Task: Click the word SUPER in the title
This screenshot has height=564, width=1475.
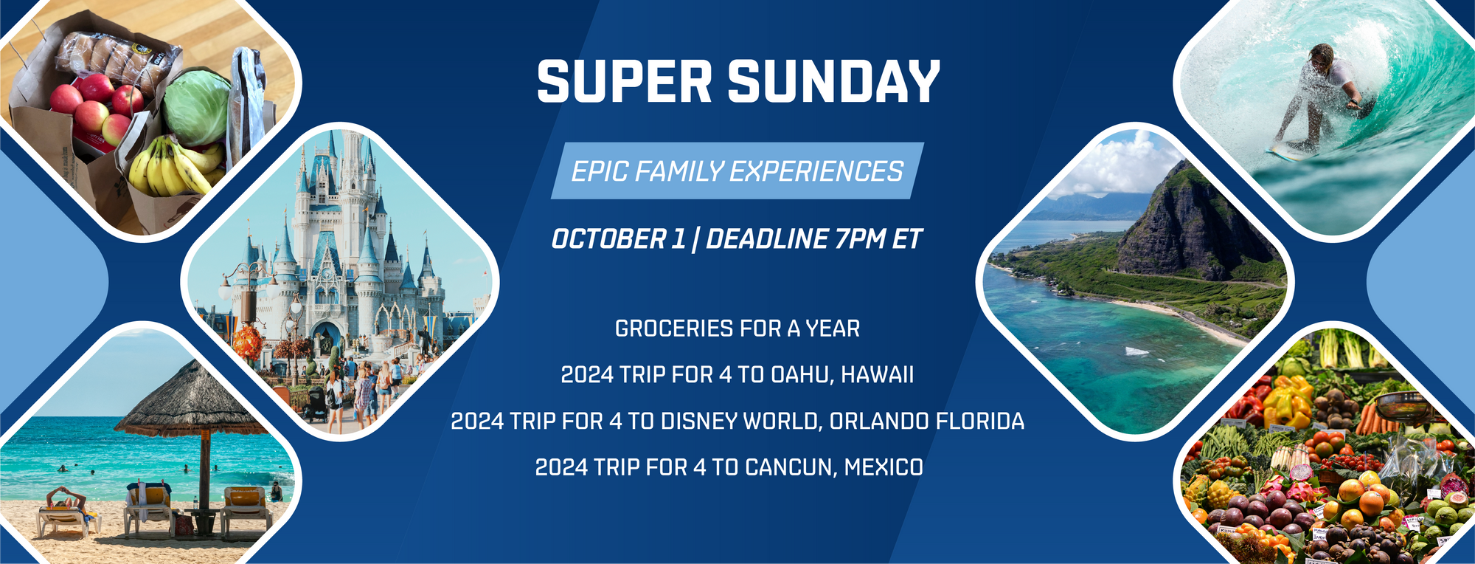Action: click(624, 81)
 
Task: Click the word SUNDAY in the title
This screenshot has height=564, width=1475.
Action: click(834, 81)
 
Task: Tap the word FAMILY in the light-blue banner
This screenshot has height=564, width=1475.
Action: click(678, 171)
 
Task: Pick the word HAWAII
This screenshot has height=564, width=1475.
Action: click(877, 375)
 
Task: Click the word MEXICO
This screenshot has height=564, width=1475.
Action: click(884, 467)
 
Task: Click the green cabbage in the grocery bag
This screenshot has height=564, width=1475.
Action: click(197, 106)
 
